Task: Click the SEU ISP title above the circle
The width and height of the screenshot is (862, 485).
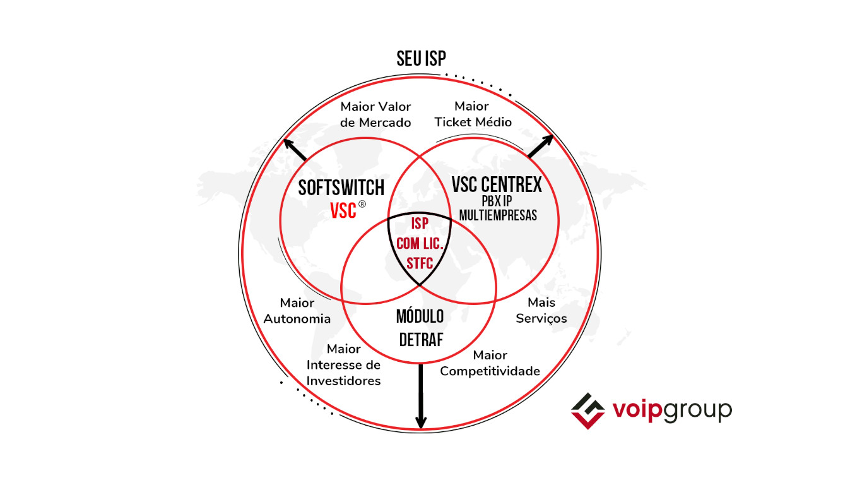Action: [x=421, y=59]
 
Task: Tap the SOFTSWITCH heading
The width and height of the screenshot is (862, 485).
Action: [x=341, y=188]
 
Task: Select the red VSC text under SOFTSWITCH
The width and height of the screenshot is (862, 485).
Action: [x=343, y=211]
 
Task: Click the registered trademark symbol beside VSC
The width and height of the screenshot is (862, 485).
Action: [x=362, y=204]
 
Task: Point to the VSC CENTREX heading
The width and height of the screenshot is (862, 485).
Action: [x=497, y=184]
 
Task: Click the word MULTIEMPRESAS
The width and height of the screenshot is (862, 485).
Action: [x=498, y=215]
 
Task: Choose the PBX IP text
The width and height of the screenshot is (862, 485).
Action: [x=497, y=201]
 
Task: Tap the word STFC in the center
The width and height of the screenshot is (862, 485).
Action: [x=420, y=263]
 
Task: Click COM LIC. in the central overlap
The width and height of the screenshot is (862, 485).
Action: [x=420, y=244]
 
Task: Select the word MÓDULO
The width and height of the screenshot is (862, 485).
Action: [x=420, y=316]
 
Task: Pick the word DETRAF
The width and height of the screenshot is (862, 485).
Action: [x=421, y=340]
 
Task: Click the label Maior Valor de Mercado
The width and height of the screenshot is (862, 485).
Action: [x=375, y=114]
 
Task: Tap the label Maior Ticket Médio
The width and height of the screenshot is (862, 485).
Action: [x=473, y=114]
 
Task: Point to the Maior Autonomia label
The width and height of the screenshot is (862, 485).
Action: [x=297, y=311]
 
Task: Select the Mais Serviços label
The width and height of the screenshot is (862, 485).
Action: [x=541, y=311]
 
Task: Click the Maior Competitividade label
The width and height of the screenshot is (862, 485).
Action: [x=490, y=363]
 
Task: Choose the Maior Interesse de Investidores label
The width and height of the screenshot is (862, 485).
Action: [x=344, y=365]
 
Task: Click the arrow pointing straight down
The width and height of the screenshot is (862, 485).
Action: [x=421, y=396]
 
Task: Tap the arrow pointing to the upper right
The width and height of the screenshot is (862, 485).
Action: [x=541, y=147]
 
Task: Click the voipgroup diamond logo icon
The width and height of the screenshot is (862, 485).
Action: [x=588, y=411]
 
